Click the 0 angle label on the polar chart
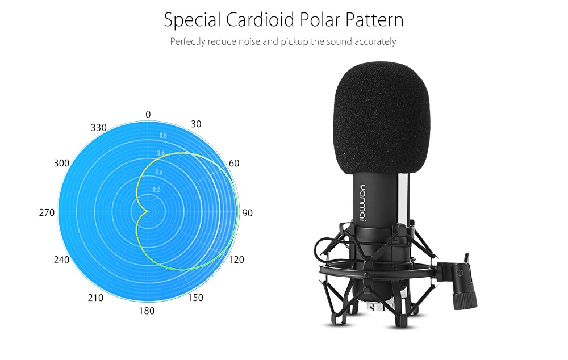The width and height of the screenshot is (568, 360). pyautogui.click(x=148, y=115)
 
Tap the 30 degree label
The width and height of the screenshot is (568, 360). pyautogui.click(x=196, y=124)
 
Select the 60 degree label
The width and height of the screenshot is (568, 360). pyautogui.click(x=234, y=164)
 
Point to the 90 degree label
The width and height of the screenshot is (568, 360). pyautogui.click(x=248, y=213)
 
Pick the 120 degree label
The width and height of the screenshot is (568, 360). pyautogui.click(x=236, y=259)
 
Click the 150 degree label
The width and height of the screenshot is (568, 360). pyautogui.click(x=195, y=298)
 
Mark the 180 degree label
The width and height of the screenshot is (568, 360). pyautogui.click(x=147, y=311)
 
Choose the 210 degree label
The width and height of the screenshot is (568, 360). pyautogui.click(x=95, y=298)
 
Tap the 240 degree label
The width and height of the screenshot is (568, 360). pyautogui.click(x=61, y=259)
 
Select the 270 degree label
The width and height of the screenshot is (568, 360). pyautogui.click(x=47, y=212)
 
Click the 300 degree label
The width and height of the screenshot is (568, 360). pyautogui.click(x=61, y=164)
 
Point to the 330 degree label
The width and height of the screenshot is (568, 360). pyautogui.click(x=98, y=128)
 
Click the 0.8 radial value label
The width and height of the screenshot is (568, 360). pyautogui.click(x=163, y=136)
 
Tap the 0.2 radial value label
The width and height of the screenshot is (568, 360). pyautogui.click(x=156, y=190)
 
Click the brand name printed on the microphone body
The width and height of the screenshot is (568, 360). pyautogui.click(x=362, y=203)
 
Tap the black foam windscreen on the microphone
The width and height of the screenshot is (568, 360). pyautogui.click(x=382, y=118)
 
